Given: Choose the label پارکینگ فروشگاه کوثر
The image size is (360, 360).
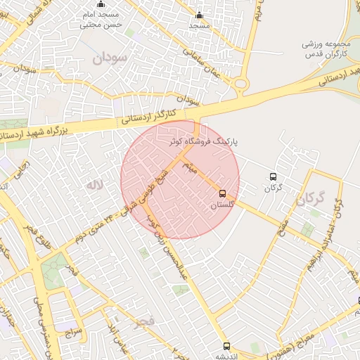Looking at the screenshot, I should coord(205,141).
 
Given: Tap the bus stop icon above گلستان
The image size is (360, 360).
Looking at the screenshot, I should coord(223,193).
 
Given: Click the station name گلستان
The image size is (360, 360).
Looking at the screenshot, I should coord(222,205).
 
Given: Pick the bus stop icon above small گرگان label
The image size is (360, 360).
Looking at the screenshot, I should coord(273,177).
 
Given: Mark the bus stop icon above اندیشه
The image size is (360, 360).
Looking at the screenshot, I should coord(226,345).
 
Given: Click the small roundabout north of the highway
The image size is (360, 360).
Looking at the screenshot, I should coord(241,84).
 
